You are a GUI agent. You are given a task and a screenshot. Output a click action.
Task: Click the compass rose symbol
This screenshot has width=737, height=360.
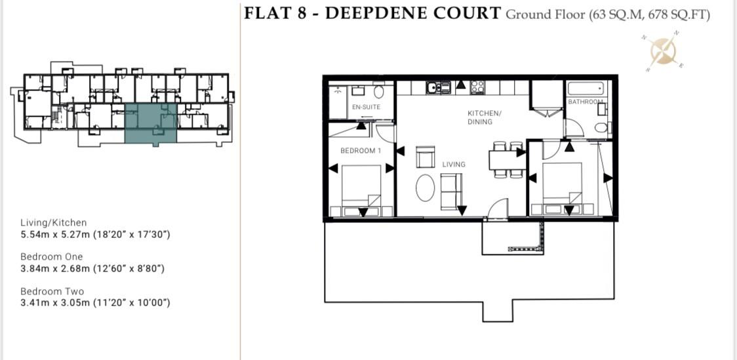(665, 51)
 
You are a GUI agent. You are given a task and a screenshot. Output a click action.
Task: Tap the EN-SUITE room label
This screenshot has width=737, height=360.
(366, 107)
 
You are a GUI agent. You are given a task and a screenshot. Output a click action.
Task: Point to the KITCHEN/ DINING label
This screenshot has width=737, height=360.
(484, 117)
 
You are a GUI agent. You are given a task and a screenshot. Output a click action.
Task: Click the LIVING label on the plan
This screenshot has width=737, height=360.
(454, 164)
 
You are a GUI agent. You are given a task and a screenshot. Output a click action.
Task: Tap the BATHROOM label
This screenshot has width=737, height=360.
(586, 102)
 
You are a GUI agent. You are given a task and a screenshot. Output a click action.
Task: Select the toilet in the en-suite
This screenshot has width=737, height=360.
(379, 92)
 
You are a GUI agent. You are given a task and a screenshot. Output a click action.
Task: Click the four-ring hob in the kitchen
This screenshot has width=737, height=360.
(477, 87)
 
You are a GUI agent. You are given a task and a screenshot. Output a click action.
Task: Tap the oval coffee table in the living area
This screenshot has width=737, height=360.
(426, 188)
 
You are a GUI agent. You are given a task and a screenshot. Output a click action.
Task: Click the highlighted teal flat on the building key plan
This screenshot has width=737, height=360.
(151, 123)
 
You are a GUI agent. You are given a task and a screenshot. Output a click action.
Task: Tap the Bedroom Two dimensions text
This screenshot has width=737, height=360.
(95, 303)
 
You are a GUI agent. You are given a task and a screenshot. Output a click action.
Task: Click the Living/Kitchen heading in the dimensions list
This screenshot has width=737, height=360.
(53, 223)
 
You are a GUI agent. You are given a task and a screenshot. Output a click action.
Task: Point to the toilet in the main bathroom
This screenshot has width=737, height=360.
(601, 127)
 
